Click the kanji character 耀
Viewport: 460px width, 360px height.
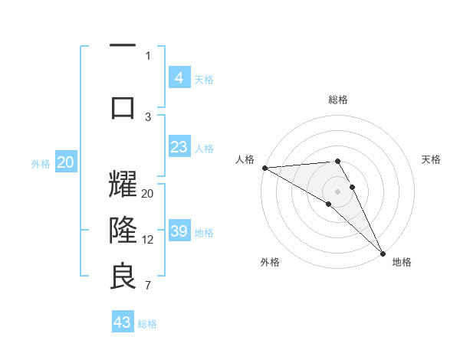[x=123, y=186]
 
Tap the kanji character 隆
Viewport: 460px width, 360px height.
[x=123, y=230]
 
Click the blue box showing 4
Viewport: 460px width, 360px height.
[x=179, y=77]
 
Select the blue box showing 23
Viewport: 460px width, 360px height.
[x=179, y=147]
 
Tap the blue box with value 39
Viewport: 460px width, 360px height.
[x=179, y=232]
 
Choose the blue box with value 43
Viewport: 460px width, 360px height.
[x=123, y=322]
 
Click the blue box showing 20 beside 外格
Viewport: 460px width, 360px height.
[x=66, y=162]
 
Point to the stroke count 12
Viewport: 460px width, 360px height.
[x=148, y=240]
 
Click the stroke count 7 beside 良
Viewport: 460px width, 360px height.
[x=147, y=286]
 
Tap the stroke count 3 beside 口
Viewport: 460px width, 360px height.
[x=148, y=116]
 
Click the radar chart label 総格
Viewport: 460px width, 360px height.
[x=337, y=100]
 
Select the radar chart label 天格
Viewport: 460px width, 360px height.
[x=431, y=159]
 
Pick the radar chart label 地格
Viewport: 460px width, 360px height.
[x=402, y=263]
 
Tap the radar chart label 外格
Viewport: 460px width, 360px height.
[x=270, y=263]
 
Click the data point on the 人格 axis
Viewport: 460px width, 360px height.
[x=264, y=168]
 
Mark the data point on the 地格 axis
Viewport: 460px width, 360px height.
[x=383, y=254]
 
